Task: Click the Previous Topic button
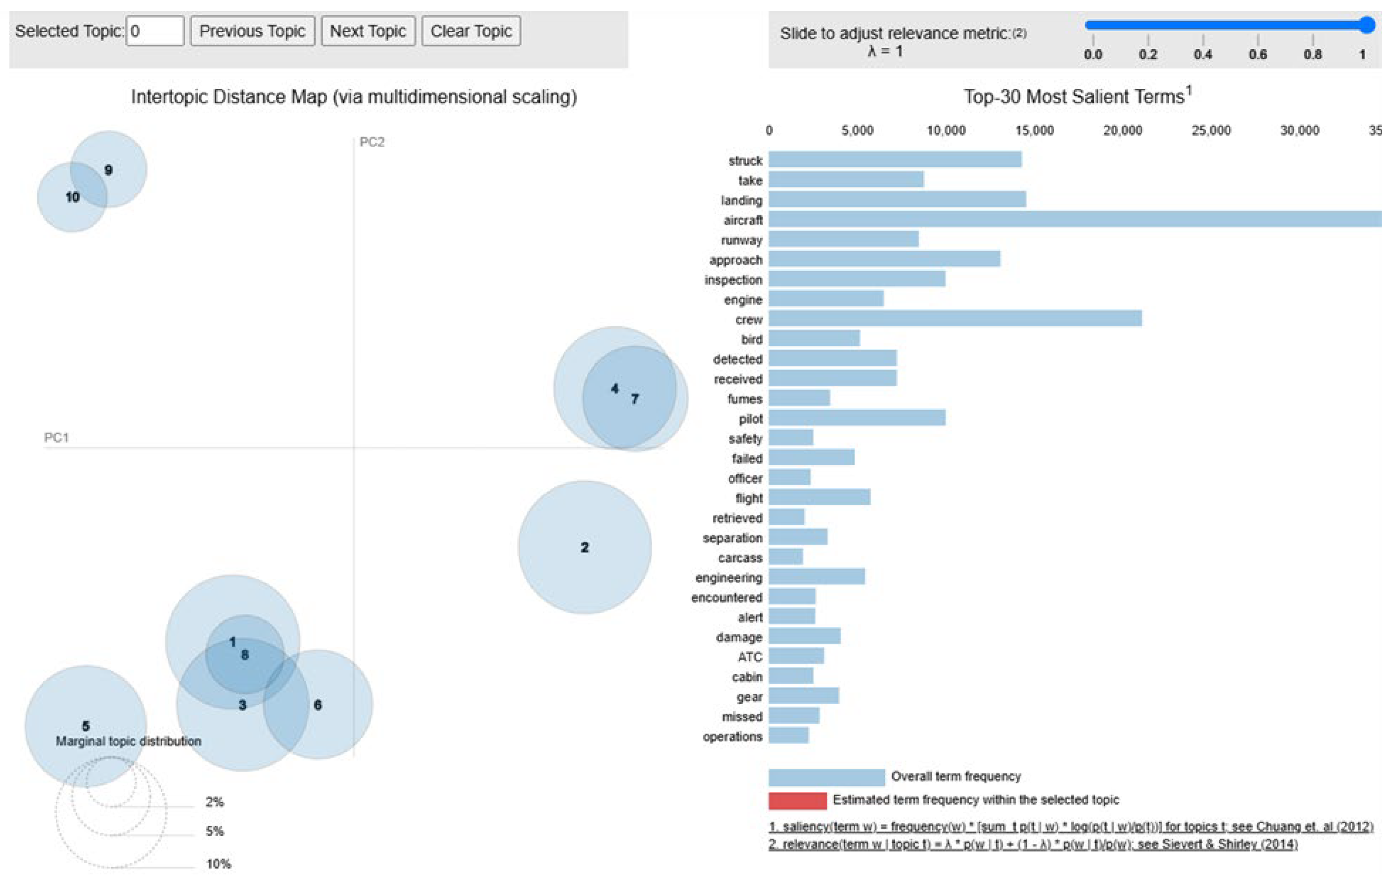click(252, 31)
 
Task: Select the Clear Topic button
click(470, 31)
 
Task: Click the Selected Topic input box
click(155, 31)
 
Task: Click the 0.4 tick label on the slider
click(1203, 55)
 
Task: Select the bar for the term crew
click(955, 318)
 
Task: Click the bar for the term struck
click(895, 160)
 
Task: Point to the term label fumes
click(745, 399)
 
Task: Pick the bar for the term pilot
click(857, 417)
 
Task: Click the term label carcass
click(740, 558)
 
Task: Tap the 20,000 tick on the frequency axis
click(1122, 130)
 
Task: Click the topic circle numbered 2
click(585, 547)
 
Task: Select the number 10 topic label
click(72, 197)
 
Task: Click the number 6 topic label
click(318, 705)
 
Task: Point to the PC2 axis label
click(371, 142)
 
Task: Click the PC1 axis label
click(56, 438)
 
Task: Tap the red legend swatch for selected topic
click(797, 801)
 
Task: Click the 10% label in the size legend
click(218, 864)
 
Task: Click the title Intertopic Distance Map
click(354, 96)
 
